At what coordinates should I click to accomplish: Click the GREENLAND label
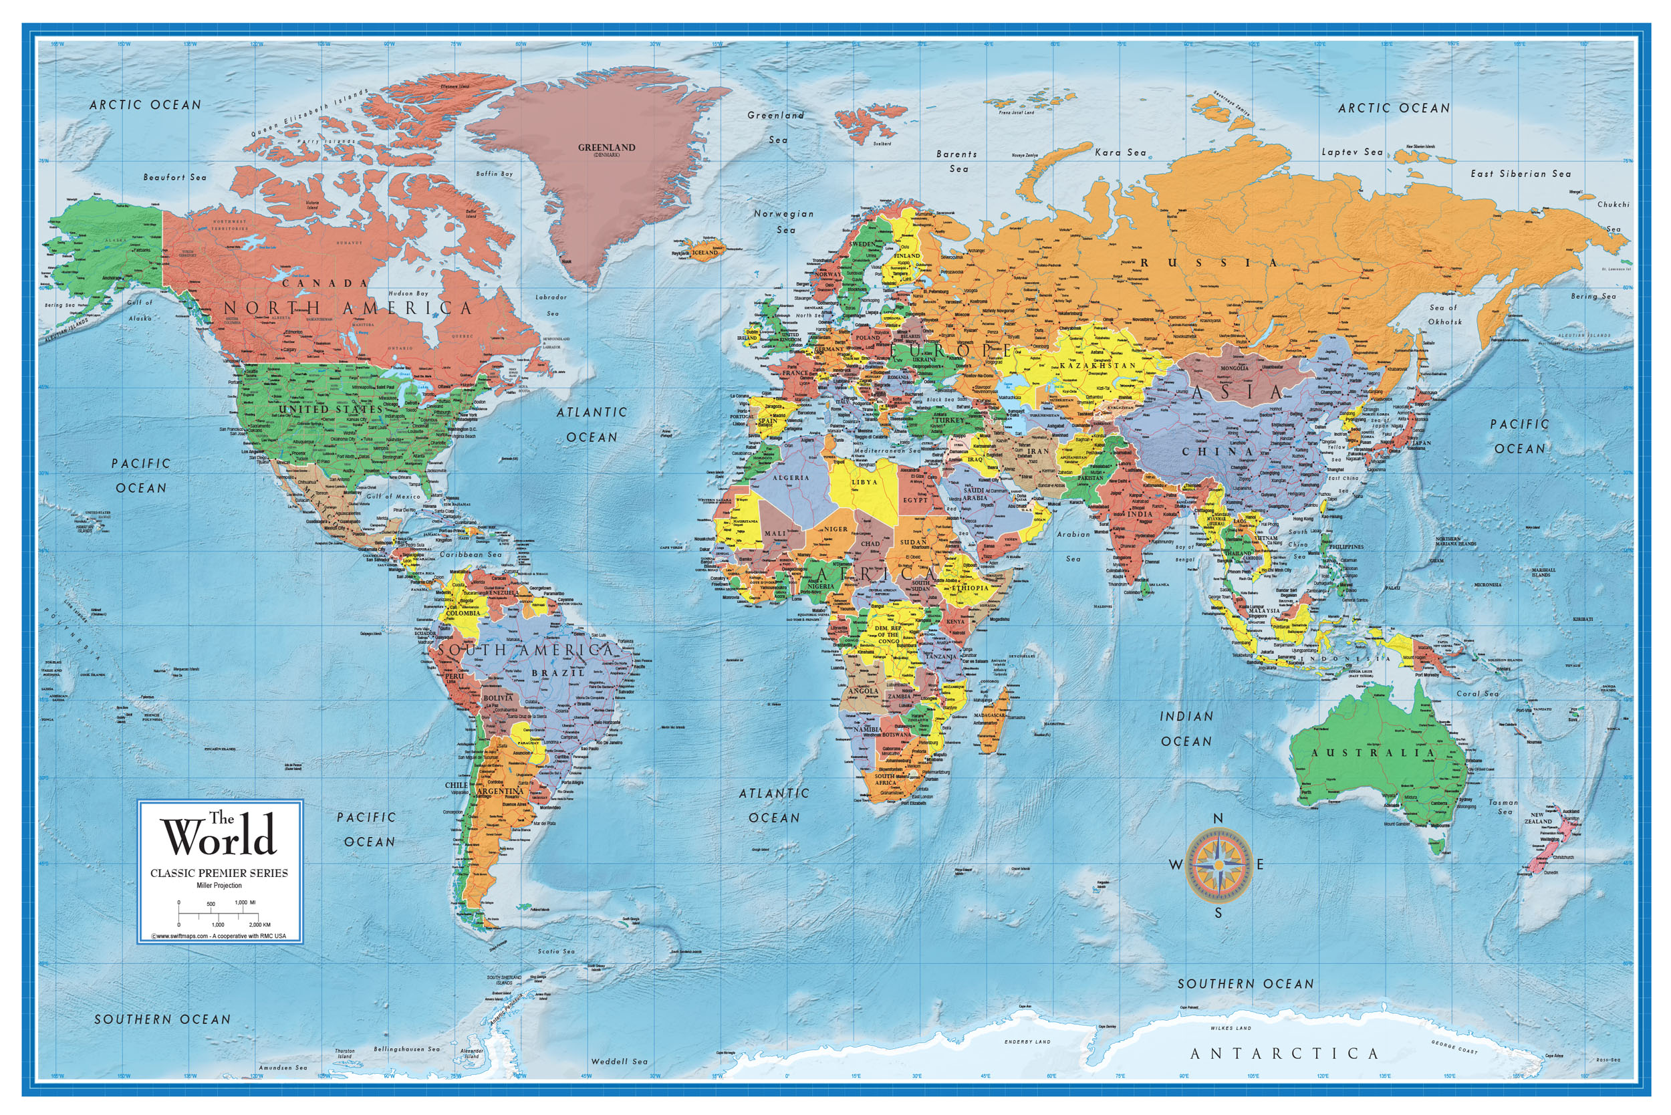(x=606, y=147)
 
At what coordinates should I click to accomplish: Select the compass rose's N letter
(x=1217, y=818)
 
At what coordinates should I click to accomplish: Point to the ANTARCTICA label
(x=1284, y=1053)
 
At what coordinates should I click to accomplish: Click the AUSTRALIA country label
(x=1372, y=752)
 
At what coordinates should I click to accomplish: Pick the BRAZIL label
(x=557, y=672)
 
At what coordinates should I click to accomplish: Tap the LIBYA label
(x=864, y=482)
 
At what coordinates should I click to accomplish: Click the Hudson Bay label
(x=408, y=293)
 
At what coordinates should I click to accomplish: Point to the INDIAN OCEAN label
(x=1186, y=729)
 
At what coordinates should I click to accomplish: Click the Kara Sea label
(x=1120, y=152)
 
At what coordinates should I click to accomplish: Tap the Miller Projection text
(x=219, y=885)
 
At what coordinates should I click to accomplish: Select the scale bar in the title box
(x=219, y=913)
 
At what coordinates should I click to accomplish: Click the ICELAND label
(x=704, y=253)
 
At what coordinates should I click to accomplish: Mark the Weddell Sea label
(x=620, y=1062)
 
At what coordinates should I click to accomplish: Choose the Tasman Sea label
(x=1504, y=806)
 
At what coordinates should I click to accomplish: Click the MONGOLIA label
(x=1234, y=368)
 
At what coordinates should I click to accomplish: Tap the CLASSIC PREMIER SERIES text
(x=219, y=873)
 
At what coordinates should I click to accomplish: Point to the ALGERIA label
(x=791, y=478)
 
